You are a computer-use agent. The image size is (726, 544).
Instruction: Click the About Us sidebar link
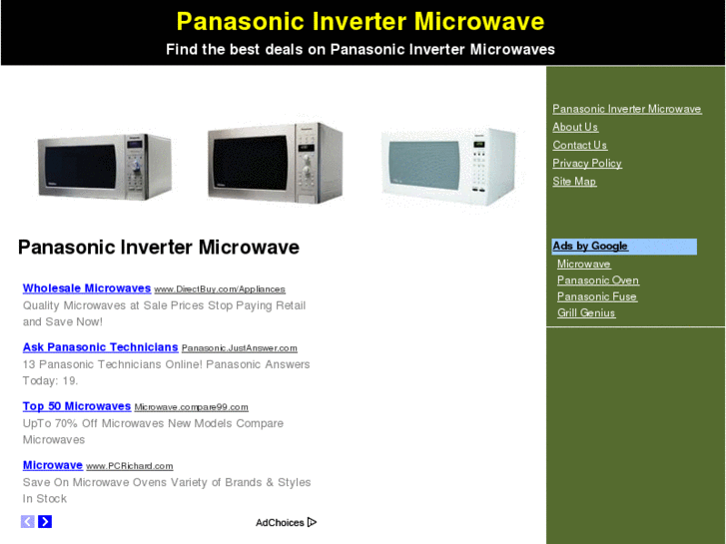(575, 127)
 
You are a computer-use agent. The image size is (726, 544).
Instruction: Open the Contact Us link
(579, 145)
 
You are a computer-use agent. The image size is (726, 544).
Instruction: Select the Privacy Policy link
(587, 163)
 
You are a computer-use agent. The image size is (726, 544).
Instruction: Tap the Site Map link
(574, 181)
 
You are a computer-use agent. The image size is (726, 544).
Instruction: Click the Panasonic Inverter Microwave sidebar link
(627, 109)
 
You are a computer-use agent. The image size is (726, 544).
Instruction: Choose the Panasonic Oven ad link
(597, 280)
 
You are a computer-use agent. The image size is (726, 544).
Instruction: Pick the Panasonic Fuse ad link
(596, 296)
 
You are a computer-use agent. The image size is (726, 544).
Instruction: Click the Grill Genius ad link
(586, 312)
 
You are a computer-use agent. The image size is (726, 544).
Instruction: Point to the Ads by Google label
(590, 246)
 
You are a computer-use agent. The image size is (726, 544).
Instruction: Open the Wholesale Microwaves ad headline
(87, 288)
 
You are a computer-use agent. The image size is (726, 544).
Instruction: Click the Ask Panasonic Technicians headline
(100, 347)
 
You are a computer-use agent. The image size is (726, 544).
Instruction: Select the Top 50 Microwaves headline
(77, 406)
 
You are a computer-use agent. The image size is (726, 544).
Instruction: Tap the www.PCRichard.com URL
(130, 466)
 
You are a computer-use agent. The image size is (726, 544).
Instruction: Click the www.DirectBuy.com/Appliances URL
(220, 289)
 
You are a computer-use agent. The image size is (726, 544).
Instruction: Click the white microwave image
(449, 167)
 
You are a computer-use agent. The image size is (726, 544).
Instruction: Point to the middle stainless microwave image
(275, 163)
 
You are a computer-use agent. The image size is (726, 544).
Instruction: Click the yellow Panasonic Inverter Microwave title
(361, 22)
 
